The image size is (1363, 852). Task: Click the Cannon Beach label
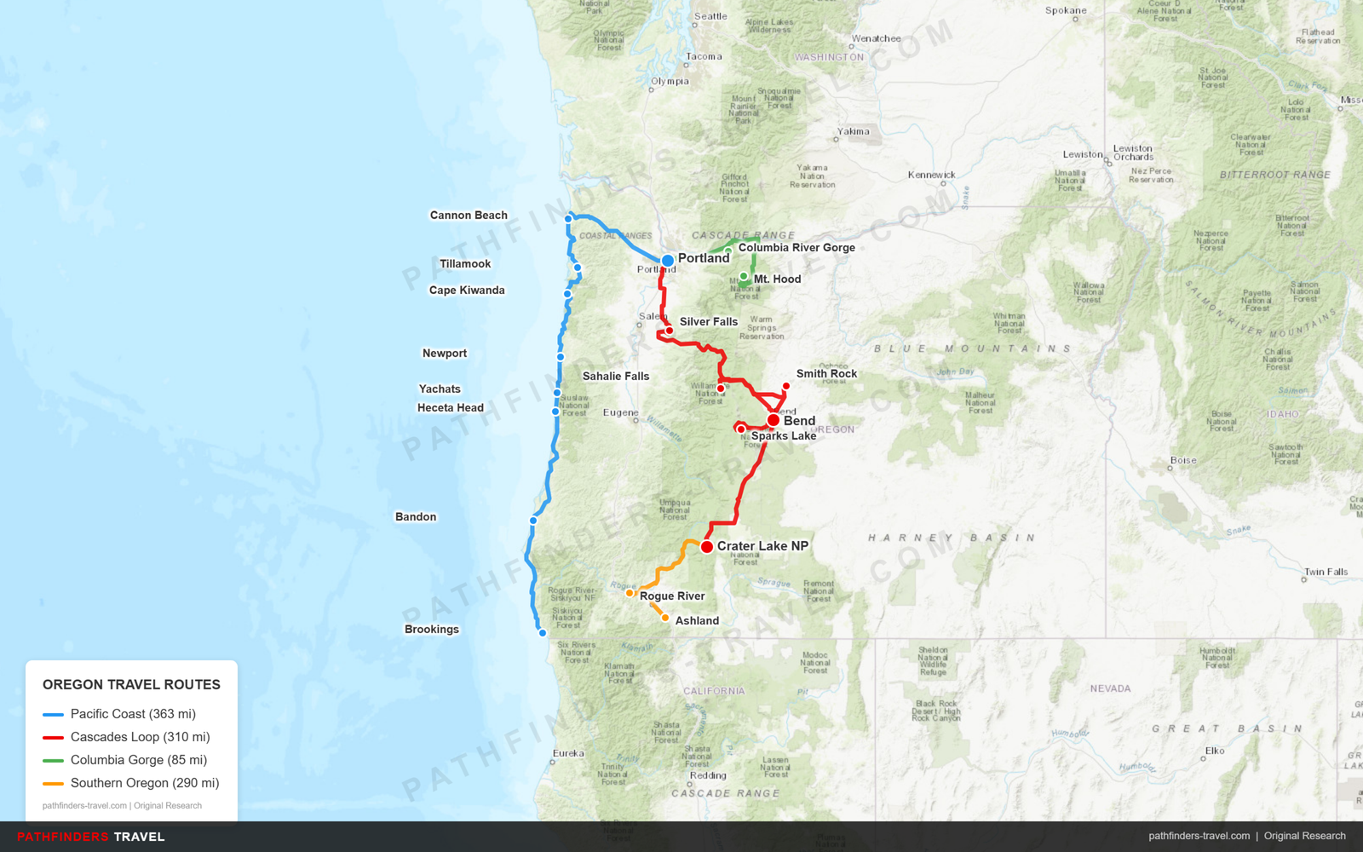coord(469,216)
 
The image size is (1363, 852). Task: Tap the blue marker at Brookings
coord(542,633)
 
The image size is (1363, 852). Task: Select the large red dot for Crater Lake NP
coord(707,547)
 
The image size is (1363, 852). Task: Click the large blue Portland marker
coord(668,261)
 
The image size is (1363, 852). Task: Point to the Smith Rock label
coord(826,374)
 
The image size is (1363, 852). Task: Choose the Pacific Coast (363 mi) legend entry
coord(133,714)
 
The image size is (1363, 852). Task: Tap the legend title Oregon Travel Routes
coord(131,685)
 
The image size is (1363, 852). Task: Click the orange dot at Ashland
coord(665,619)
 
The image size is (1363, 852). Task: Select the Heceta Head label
coord(450,408)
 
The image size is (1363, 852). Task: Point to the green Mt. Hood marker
coord(744,276)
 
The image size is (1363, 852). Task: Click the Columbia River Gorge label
coord(797,248)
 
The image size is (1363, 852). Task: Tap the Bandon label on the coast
coord(416,517)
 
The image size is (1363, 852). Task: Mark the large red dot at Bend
coord(773,420)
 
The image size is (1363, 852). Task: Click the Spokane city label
coord(1066,11)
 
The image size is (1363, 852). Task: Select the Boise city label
coord(1183,461)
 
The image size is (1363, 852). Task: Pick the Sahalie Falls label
coord(616,377)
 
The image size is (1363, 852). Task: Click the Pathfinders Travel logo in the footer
coord(91,837)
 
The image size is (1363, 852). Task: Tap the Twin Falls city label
coord(1326,572)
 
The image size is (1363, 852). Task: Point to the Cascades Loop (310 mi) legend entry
coord(140,737)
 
